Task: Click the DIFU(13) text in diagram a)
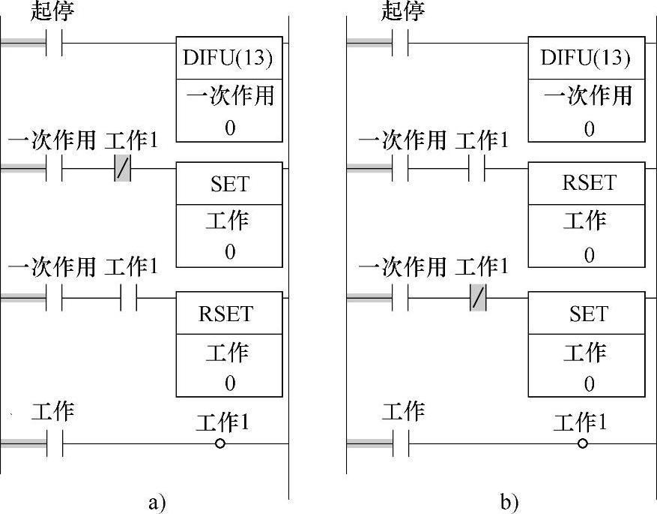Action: coord(229,58)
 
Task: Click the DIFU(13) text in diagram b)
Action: coord(586,58)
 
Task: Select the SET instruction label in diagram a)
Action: coord(229,183)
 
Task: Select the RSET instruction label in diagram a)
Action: coord(229,314)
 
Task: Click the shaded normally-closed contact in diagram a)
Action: coord(123,170)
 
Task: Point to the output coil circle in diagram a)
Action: coord(220,443)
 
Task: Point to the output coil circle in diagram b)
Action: coord(583,443)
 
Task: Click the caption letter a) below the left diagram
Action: coord(157,502)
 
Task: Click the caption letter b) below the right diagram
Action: coord(509,502)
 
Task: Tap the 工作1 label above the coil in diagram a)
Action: coord(222,422)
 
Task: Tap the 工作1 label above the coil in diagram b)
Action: coord(580,422)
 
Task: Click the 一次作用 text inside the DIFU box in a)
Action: coord(229,96)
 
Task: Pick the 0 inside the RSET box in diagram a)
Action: coord(229,383)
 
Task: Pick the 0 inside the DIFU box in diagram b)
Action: coord(589,128)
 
